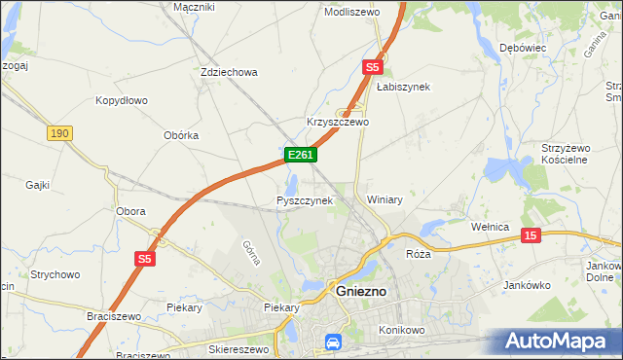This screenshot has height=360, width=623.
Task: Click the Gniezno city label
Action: [361, 291]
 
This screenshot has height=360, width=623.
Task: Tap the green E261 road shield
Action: [300, 155]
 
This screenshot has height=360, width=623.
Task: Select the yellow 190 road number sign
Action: [59, 132]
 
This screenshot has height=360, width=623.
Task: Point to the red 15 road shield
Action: [531, 235]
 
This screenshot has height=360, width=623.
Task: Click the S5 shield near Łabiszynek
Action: [371, 67]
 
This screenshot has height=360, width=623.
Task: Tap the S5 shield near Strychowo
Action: [144, 258]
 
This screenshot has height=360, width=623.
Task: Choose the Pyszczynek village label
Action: [305, 200]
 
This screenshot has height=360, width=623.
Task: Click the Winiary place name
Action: [385, 199]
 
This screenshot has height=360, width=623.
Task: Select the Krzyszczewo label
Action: [337, 123]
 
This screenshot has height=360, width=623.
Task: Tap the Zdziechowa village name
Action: [228, 72]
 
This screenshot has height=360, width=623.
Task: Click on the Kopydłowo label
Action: [122, 100]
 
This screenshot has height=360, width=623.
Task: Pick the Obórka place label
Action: [181, 135]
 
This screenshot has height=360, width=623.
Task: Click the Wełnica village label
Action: [491, 227]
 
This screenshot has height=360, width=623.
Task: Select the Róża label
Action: [418, 253]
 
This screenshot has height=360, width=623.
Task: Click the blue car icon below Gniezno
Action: [332, 342]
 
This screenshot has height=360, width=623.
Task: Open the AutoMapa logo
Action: [554, 342]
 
